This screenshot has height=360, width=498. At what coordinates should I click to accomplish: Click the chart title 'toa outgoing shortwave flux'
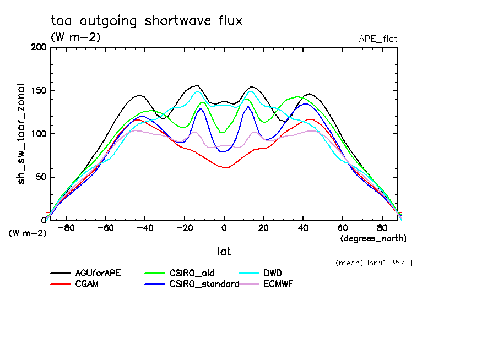pos(146,21)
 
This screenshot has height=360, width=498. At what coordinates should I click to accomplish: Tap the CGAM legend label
pos(86,284)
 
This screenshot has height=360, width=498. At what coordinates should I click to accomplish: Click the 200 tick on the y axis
pos(39,47)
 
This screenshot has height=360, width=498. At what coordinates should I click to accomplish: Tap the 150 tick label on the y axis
pos(39,91)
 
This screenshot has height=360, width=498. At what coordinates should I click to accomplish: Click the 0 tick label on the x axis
pos(224,228)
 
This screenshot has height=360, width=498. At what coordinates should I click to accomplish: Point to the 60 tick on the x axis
pos(342,228)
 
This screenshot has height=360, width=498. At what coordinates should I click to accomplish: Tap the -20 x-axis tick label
pos(185,228)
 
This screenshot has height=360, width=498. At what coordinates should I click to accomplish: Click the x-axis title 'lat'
pos(224,252)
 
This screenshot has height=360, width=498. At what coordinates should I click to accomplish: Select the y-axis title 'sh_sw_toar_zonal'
pos(21,134)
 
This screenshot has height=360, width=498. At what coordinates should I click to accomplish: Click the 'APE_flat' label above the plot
pos(378,39)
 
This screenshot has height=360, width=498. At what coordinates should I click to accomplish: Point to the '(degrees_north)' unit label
pos(373,238)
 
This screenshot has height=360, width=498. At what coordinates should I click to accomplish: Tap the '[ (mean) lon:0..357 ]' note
pos(370,263)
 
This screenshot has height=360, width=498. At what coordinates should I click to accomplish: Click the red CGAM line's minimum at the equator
pos(225,167)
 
